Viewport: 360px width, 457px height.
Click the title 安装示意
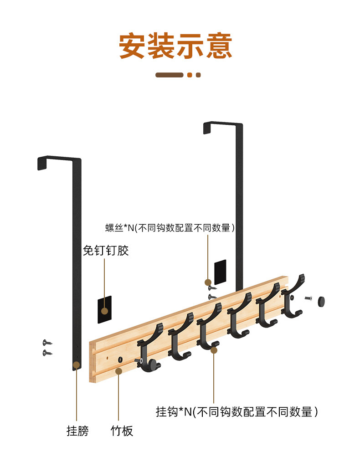[x=175, y=46]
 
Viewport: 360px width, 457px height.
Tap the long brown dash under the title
[x=169, y=75]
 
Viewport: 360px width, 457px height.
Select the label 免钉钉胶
[x=106, y=251]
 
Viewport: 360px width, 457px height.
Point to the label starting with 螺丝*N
[x=170, y=228]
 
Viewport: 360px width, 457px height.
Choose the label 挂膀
[x=77, y=431]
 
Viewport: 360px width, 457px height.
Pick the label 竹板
[x=122, y=431]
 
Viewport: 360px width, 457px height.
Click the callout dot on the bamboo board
[x=118, y=371]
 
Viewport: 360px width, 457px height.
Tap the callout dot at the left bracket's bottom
[x=77, y=365]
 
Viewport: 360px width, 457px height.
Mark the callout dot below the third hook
[x=214, y=349]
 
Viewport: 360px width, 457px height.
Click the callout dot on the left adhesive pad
[x=105, y=311]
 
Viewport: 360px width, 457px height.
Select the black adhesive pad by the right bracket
[x=220, y=272]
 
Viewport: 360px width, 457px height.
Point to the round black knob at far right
[x=322, y=301]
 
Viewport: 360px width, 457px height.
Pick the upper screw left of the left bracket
[x=47, y=343]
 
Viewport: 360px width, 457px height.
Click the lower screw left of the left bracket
[x=47, y=353]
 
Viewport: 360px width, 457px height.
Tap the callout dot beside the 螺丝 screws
[x=208, y=282]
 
